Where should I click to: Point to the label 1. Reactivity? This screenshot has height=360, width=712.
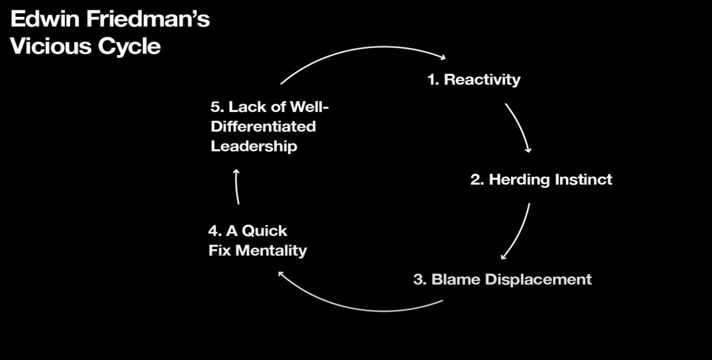tap(474, 79)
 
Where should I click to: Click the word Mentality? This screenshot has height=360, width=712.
tap(271, 250)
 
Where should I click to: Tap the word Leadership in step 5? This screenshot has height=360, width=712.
tap(254, 146)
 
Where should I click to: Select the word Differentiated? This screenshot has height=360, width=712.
tap(263, 127)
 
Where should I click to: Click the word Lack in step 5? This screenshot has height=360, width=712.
tap(245, 107)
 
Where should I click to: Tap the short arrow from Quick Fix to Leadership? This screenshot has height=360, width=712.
tap(237, 186)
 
